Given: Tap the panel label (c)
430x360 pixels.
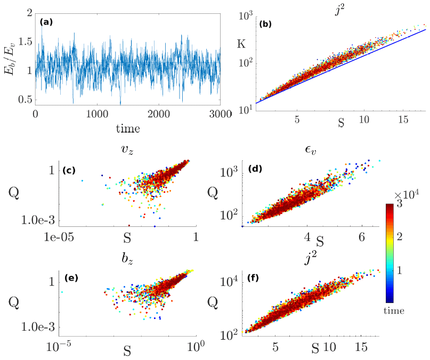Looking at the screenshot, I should coord(69,171).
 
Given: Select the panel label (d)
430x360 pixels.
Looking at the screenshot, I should coord(256,170).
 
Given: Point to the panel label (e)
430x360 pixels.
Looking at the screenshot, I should coord(70,277).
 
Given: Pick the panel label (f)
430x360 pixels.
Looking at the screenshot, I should coord(257,277).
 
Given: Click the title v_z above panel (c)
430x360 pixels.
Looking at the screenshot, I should coord(127,151).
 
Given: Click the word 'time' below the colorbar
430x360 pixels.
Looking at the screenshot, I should coord(394,310).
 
